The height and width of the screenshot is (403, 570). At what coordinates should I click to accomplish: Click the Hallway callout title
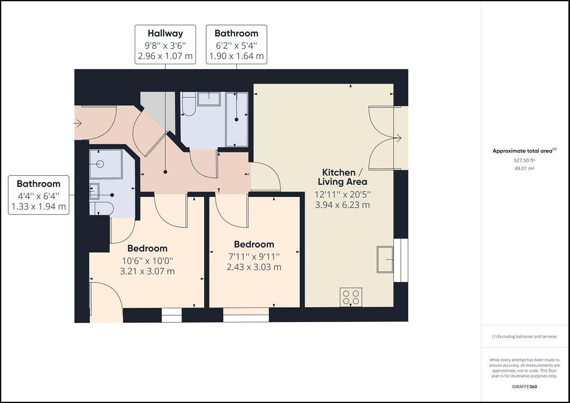[x=165, y=33]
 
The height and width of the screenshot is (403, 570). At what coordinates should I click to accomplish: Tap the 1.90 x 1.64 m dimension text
[x=236, y=56]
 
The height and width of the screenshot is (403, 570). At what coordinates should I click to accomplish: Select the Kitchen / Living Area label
[x=342, y=177]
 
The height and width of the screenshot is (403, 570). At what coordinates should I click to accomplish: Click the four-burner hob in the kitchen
[x=351, y=297]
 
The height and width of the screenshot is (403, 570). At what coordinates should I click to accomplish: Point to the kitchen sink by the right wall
[x=385, y=259]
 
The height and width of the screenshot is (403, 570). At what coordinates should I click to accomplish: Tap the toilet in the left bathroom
[x=101, y=208]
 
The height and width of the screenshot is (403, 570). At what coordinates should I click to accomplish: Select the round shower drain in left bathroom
[x=100, y=164]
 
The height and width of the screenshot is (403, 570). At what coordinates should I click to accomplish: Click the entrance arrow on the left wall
[x=78, y=123]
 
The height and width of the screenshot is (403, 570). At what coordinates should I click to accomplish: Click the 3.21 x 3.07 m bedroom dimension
[x=147, y=271]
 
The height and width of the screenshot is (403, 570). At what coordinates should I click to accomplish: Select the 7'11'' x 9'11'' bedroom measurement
[x=254, y=257]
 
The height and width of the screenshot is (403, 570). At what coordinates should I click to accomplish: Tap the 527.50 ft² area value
[x=524, y=160]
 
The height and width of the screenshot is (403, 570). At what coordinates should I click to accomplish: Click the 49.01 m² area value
[x=524, y=168]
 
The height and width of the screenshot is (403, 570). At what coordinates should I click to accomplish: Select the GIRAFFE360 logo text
[x=524, y=387]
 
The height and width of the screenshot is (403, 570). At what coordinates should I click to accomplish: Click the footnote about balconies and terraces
[x=524, y=337]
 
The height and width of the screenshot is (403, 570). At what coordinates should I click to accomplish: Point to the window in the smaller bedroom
[x=246, y=315]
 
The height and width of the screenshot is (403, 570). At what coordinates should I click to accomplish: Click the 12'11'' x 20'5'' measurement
[x=342, y=194]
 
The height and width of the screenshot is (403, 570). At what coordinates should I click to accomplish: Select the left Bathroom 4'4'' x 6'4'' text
[x=38, y=196]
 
